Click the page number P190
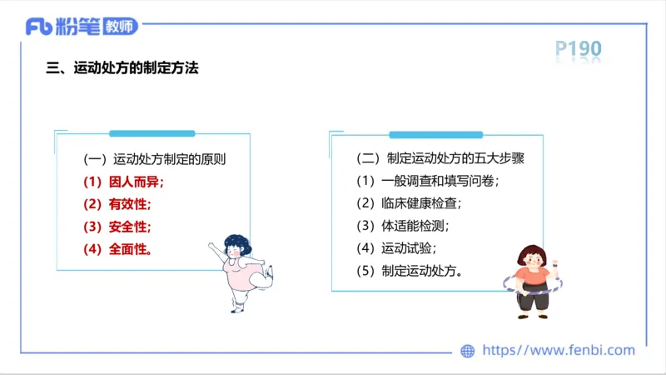[x=578, y=50]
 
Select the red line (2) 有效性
[x=117, y=204]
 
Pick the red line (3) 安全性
[x=117, y=227]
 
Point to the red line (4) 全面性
[x=117, y=248]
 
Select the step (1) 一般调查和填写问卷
[x=428, y=181]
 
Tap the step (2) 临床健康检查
[x=409, y=203]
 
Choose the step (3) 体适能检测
[x=403, y=225]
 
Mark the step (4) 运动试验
[x=396, y=247]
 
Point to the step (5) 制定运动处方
[x=410, y=270]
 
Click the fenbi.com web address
[x=559, y=351]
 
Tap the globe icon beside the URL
[x=468, y=351]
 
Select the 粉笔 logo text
[x=77, y=27]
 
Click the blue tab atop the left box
[x=152, y=133]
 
